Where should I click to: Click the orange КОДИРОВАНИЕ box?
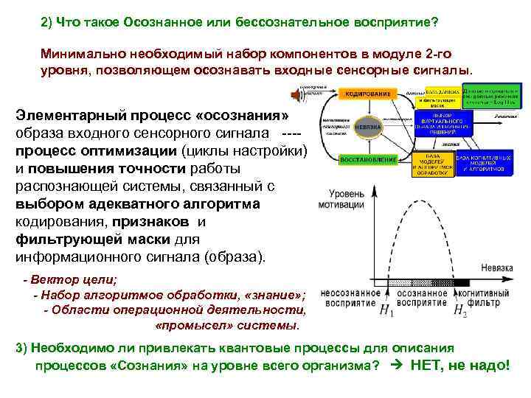tap(366, 94)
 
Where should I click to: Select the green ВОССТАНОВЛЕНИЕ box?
tap(368, 159)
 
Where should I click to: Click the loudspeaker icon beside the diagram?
tap(299, 95)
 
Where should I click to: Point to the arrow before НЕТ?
tap(393, 366)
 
